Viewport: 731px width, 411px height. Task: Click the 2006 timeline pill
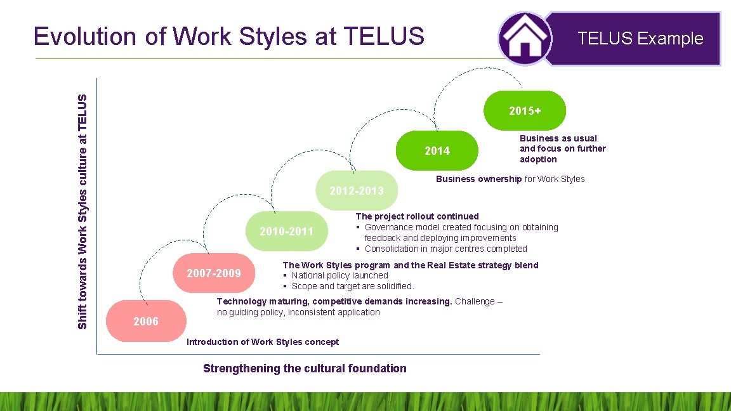145,321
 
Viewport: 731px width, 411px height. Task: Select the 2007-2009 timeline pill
214,273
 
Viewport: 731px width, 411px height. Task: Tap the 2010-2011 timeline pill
286,232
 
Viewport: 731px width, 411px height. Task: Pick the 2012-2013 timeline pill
356,191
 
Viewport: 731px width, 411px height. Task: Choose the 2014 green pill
437,151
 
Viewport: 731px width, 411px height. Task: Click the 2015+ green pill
525,111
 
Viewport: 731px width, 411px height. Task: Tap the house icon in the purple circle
525,38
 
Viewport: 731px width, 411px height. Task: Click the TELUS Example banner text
640,39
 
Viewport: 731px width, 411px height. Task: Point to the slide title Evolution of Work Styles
228,37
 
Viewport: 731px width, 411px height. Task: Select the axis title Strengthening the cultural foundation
305,369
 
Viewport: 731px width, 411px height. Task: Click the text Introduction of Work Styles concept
263,342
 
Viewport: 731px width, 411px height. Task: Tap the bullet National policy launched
339,275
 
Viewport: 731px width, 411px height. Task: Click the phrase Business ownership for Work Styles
510,179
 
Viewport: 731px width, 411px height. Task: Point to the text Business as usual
558,138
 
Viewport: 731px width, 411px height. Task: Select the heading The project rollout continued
417,216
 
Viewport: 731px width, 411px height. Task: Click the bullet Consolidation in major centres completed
445,249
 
